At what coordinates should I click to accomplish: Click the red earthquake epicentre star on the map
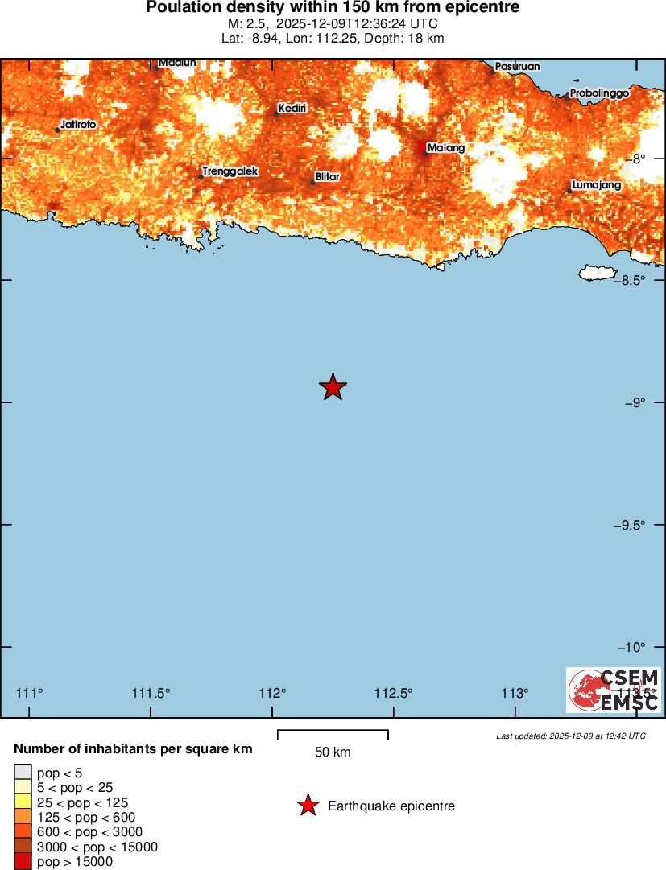point(333,387)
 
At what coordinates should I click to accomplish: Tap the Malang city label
point(445,148)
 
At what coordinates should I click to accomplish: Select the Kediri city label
point(292,109)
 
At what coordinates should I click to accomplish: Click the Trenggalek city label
point(230,171)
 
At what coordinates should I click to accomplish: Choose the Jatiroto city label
point(78,126)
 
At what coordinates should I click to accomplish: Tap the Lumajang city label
point(596,186)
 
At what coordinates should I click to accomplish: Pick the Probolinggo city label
point(599,93)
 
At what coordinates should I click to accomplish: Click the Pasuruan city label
point(518,66)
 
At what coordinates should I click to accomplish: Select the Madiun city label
point(177,63)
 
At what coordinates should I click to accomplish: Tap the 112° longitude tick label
point(272,693)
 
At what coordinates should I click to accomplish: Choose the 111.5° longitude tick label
point(151,693)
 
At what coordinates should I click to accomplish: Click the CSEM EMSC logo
point(614,690)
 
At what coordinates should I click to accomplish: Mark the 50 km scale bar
point(333,734)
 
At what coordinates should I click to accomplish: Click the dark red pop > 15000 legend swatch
point(23,862)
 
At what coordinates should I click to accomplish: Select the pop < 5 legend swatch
point(23,773)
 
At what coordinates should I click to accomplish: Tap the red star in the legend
point(307,806)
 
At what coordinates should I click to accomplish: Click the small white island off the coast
point(596,274)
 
